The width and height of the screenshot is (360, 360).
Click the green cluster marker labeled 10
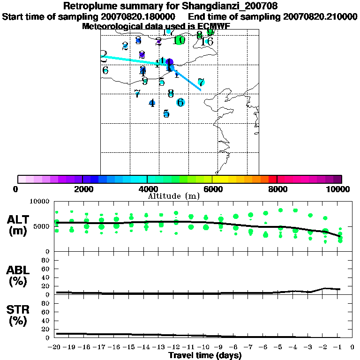coord(179,40)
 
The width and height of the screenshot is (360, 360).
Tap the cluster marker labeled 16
coord(207,42)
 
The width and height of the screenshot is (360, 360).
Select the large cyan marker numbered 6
coord(180,102)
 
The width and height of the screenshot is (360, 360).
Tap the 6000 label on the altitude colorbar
coord(212,189)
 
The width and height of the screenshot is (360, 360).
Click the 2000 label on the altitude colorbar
coord(82,189)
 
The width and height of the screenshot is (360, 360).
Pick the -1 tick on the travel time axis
coord(340,347)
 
